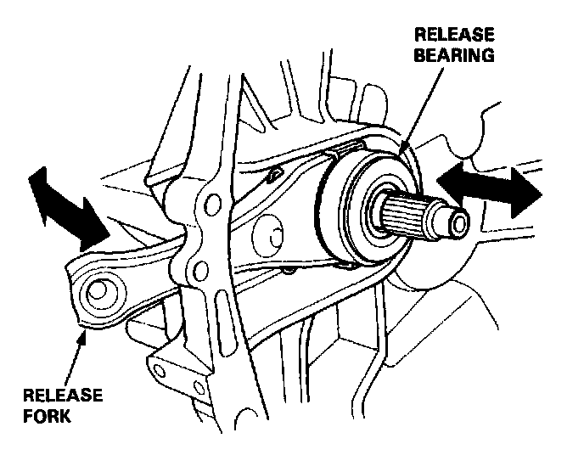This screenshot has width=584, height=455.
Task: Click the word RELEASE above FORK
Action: tap(63, 396)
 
